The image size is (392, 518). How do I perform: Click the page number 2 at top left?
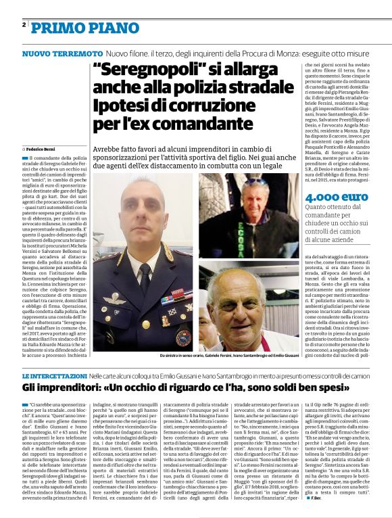24,25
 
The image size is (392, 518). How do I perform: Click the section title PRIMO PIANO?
74,27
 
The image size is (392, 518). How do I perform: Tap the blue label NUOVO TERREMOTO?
62,53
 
